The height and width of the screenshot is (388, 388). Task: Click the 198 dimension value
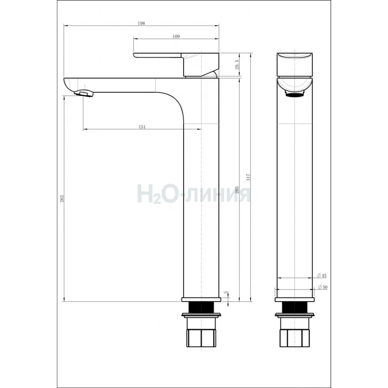(x=141, y=23)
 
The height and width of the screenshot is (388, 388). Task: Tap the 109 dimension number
(x=176, y=37)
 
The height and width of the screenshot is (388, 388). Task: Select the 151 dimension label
(x=142, y=127)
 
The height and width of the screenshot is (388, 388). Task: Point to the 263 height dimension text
(x=62, y=199)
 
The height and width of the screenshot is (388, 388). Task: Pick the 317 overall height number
(x=248, y=177)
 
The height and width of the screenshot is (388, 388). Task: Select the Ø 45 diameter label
(x=322, y=275)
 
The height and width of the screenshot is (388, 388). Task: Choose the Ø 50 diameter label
(x=323, y=287)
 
